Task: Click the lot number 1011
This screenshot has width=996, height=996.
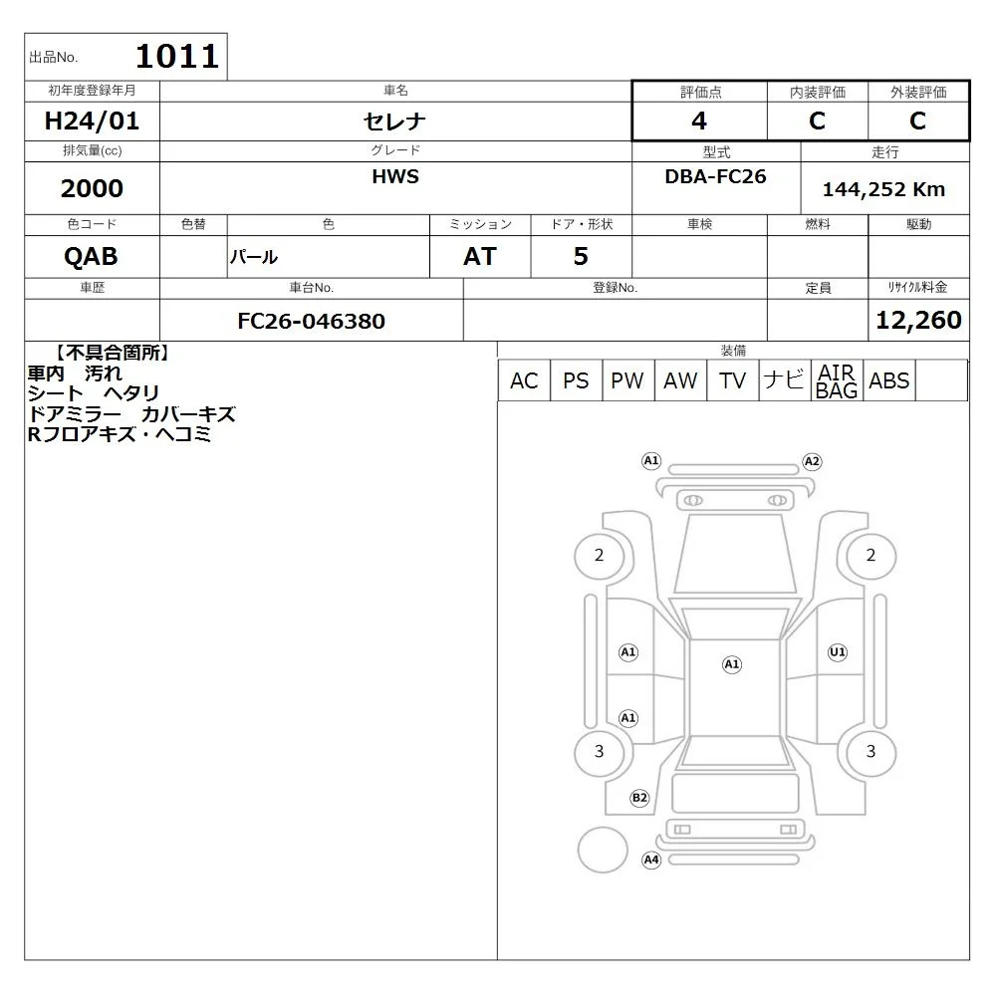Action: click(177, 56)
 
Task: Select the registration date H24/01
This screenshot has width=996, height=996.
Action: click(92, 121)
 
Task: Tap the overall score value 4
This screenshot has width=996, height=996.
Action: click(699, 121)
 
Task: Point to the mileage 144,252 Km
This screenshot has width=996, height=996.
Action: click(883, 189)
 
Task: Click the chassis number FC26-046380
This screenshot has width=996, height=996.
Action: click(311, 321)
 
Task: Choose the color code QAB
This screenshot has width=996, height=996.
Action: click(91, 256)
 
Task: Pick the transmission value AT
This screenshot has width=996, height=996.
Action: click(480, 256)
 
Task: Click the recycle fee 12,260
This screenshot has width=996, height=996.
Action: click(918, 320)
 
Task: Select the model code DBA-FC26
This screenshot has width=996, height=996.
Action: click(715, 176)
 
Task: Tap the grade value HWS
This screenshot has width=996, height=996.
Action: click(395, 176)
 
